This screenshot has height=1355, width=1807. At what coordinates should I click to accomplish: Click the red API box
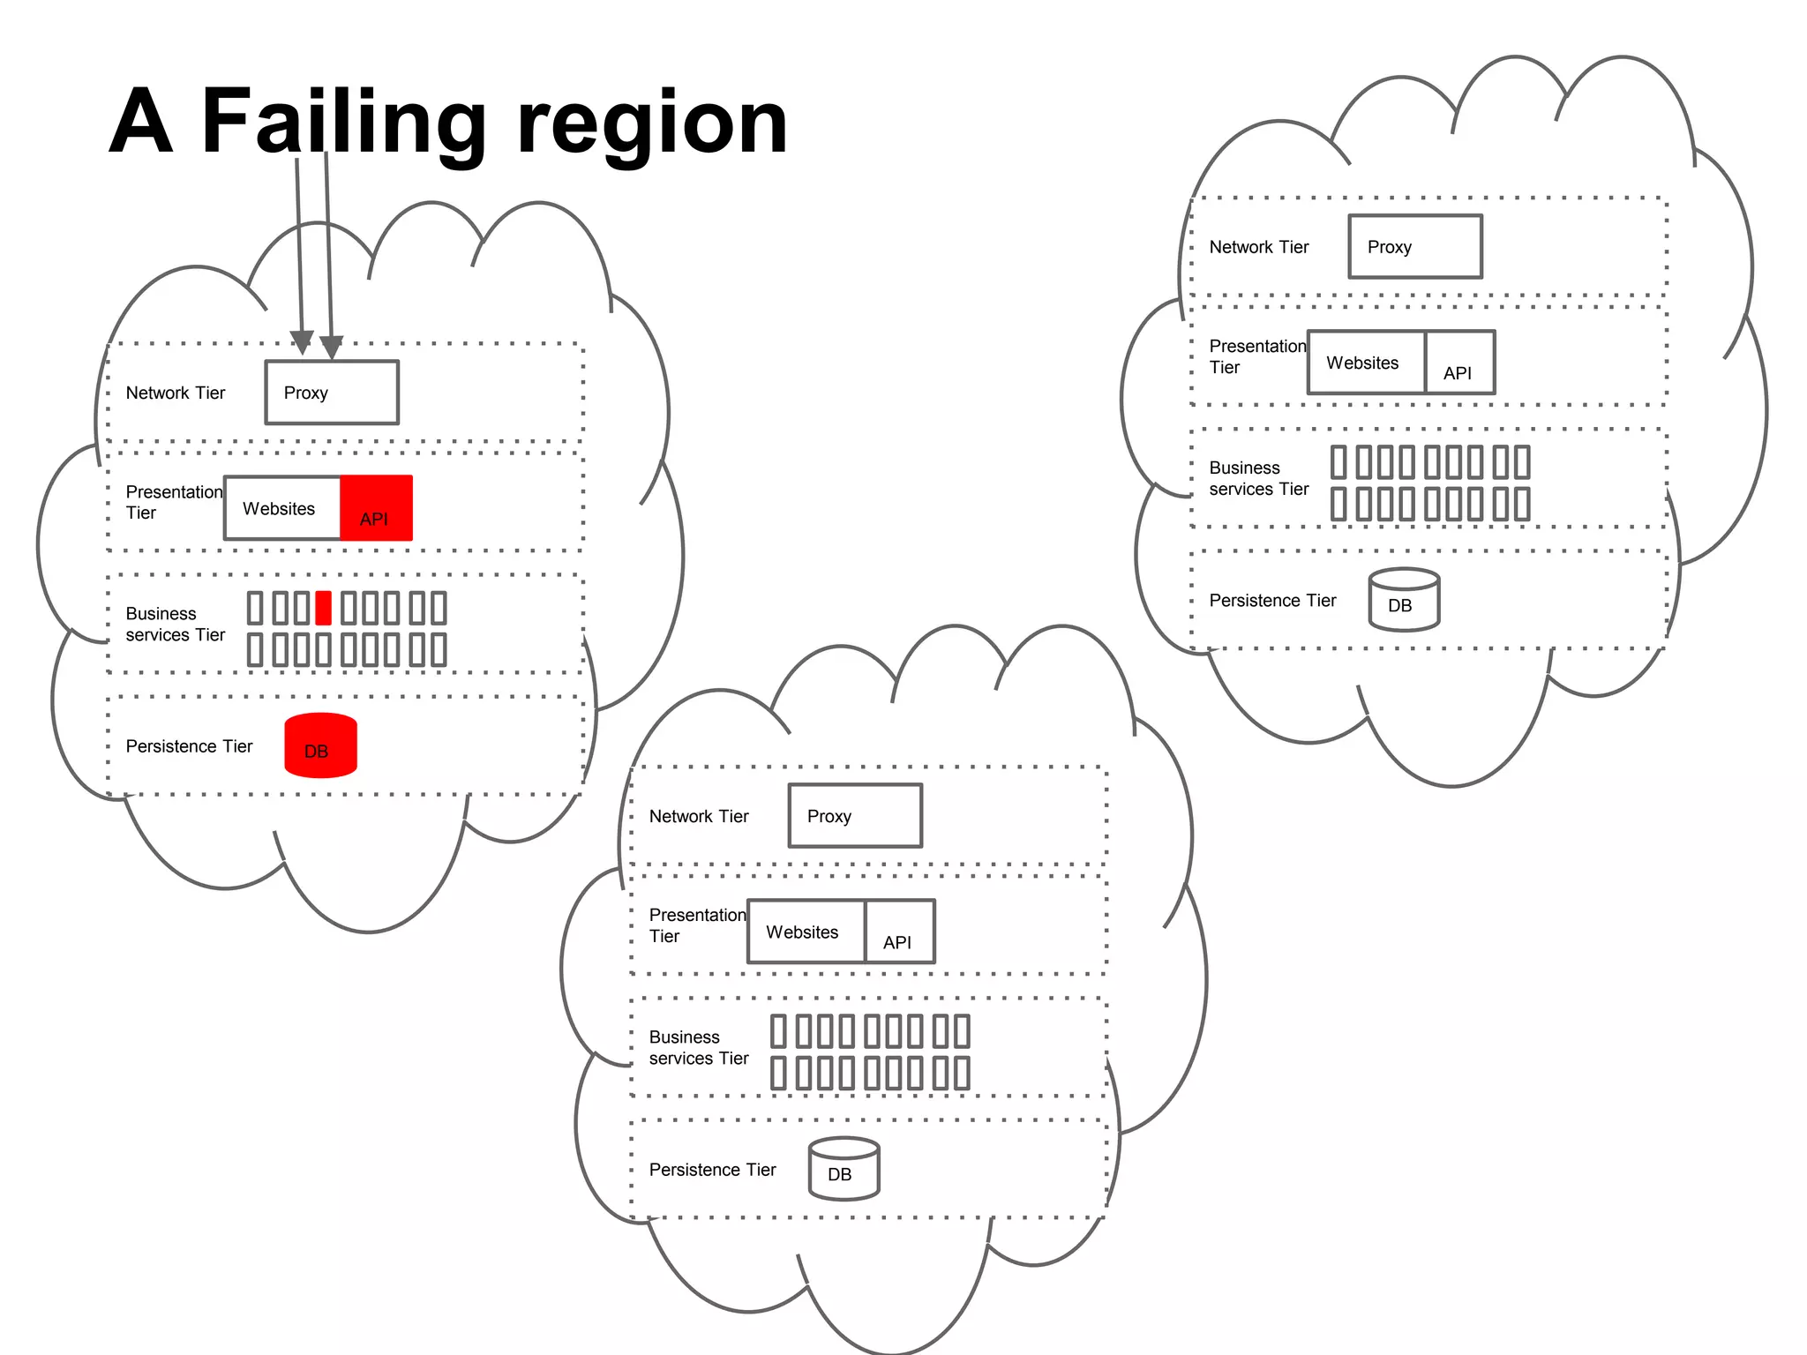click(x=376, y=508)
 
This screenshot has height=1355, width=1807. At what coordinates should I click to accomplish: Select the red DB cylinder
click(x=320, y=746)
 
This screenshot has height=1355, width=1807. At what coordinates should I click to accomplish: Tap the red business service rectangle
click(x=323, y=609)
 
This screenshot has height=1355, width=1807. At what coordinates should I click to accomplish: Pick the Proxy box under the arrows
click(x=332, y=393)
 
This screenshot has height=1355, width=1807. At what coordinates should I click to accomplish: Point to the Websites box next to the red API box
click(x=282, y=508)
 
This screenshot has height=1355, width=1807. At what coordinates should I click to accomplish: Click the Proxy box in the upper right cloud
click(x=1414, y=247)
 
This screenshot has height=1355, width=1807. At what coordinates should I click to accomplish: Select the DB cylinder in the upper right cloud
click(x=1404, y=600)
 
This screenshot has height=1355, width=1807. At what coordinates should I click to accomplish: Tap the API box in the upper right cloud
click(x=1460, y=363)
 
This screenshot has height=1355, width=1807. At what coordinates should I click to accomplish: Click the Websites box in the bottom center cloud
click(x=806, y=932)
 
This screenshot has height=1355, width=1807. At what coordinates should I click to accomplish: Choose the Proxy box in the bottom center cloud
click(x=855, y=816)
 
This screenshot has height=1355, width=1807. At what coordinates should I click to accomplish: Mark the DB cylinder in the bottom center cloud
click(x=844, y=1169)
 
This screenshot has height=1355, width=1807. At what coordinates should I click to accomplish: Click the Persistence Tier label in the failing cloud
click(x=189, y=746)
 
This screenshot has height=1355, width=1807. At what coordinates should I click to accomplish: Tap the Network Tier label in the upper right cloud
click(x=1258, y=247)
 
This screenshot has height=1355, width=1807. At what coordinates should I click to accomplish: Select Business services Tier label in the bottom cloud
click(x=698, y=1047)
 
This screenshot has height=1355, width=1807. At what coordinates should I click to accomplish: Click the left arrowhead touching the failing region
click(x=302, y=342)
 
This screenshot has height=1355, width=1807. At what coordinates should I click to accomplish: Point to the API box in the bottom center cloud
click(x=899, y=932)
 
